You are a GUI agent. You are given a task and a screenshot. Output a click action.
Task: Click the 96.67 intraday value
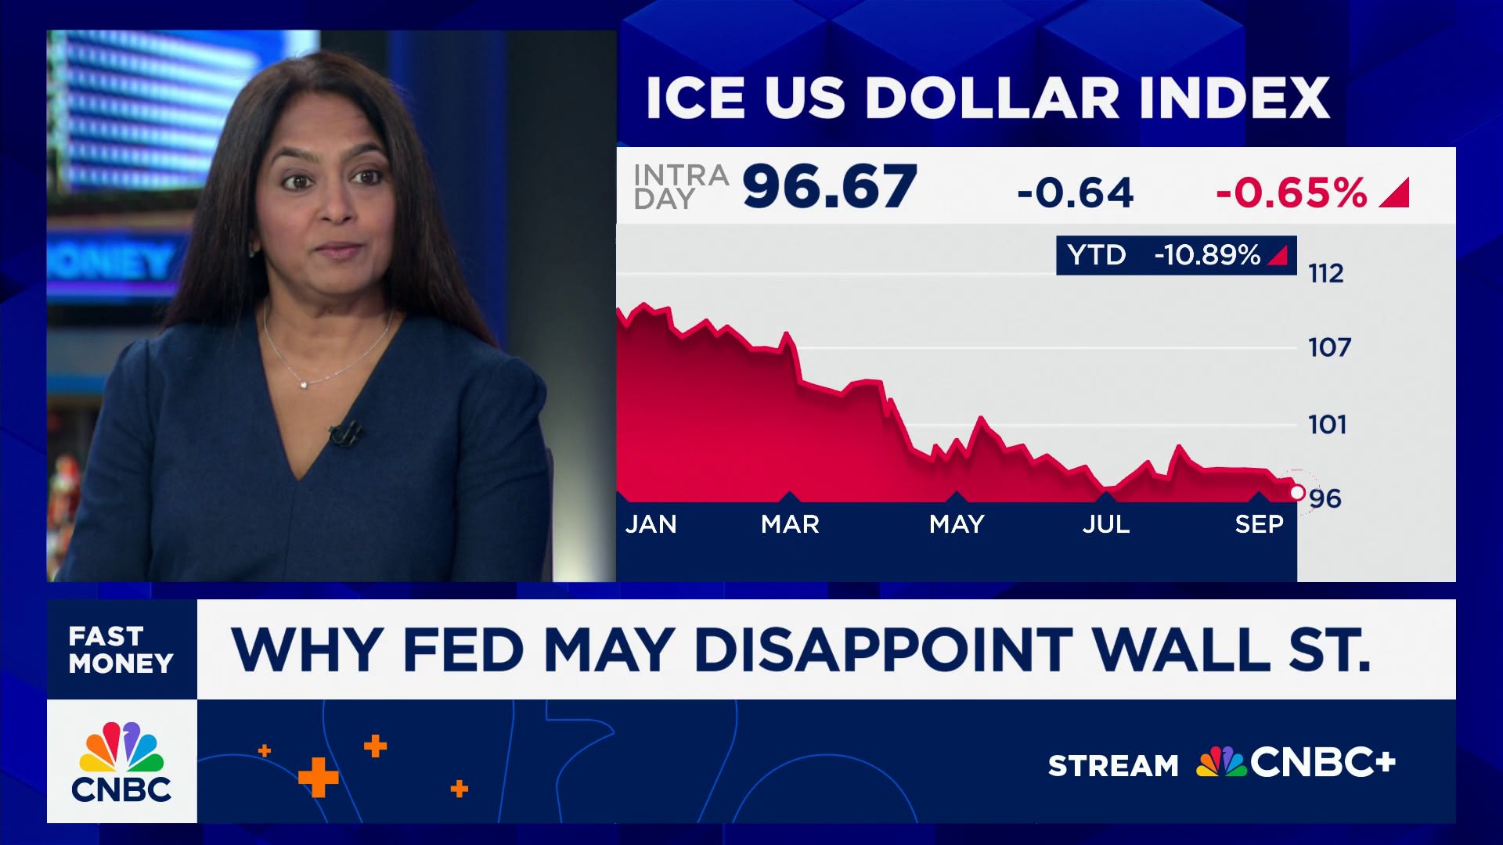pyautogui.click(x=830, y=188)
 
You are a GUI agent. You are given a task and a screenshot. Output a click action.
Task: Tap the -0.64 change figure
pyautogui.click(x=1075, y=192)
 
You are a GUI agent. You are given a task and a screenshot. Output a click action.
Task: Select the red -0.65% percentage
pyautogui.click(x=1292, y=192)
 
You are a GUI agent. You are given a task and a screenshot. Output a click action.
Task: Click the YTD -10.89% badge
pyautogui.click(x=1176, y=255)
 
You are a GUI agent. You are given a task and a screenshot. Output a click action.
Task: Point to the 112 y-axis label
pyautogui.click(x=1325, y=274)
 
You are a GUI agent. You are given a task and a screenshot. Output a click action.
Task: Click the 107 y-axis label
pyautogui.click(x=1329, y=347)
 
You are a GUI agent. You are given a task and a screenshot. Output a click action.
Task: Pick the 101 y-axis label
pyautogui.click(x=1328, y=425)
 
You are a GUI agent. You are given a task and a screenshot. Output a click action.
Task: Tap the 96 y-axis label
pyautogui.click(x=1325, y=498)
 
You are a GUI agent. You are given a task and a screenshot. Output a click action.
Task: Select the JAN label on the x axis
pyautogui.click(x=651, y=524)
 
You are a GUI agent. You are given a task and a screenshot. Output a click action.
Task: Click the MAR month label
pyautogui.click(x=790, y=524)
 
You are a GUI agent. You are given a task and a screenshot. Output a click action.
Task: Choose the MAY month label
pyautogui.click(x=957, y=524)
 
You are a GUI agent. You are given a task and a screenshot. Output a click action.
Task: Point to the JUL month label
pyautogui.click(x=1106, y=524)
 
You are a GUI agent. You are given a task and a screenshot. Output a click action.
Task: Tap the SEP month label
pyautogui.click(x=1259, y=524)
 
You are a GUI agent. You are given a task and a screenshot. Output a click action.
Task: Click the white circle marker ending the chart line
pyautogui.click(x=1297, y=492)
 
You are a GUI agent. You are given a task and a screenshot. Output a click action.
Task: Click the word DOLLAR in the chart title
pyautogui.click(x=992, y=99)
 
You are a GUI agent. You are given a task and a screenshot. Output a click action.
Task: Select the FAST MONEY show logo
pyautogui.click(x=121, y=649)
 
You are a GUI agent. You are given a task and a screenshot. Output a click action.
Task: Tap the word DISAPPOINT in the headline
pyautogui.click(x=883, y=650)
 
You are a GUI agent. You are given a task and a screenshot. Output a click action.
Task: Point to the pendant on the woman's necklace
pyautogui.click(x=304, y=383)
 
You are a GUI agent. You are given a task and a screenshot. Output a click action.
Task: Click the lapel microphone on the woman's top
pyautogui.click(x=344, y=433)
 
